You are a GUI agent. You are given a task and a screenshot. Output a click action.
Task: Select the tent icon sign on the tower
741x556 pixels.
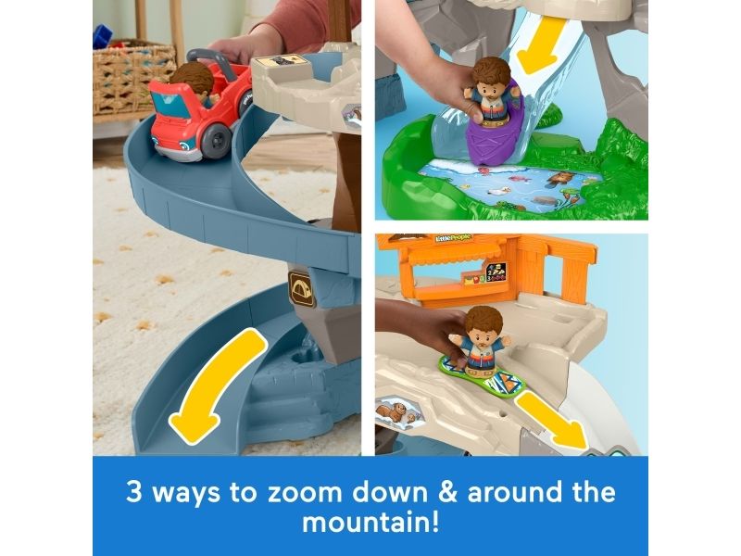(x=302, y=290)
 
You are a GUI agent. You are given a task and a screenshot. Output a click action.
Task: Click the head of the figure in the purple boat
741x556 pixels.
(x=492, y=76)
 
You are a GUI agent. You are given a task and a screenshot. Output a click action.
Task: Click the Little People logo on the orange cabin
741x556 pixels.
(x=453, y=238)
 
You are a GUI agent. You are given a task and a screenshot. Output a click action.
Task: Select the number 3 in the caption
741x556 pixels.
(x=133, y=492)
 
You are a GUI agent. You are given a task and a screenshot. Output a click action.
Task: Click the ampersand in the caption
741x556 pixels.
(x=448, y=492)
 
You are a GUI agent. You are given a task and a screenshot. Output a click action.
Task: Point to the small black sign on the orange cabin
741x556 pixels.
(x=496, y=272)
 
